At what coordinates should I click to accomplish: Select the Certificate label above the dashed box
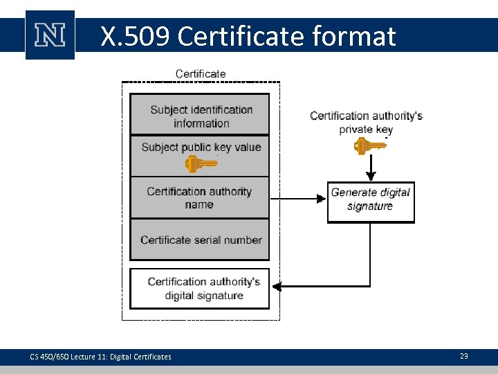[201, 73]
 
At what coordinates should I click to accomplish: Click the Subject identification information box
[200, 115]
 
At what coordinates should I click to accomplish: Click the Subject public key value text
[201, 147]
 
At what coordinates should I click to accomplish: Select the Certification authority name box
[200, 198]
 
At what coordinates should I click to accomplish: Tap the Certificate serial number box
[200, 240]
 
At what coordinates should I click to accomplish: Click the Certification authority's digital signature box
[200, 288]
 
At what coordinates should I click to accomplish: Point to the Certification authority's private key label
[366, 122]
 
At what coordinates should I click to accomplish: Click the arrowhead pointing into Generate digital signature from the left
[320, 199]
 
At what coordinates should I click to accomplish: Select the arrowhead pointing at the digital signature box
[277, 285]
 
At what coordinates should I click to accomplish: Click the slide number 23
[463, 356]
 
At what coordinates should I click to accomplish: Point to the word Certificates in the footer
[153, 357]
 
